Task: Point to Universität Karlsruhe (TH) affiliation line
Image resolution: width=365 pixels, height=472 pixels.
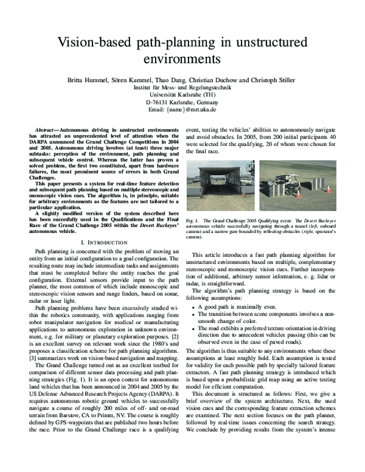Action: (182, 95)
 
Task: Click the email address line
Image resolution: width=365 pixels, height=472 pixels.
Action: (182, 111)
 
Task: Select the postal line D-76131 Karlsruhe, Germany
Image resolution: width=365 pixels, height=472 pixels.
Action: (182, 103)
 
